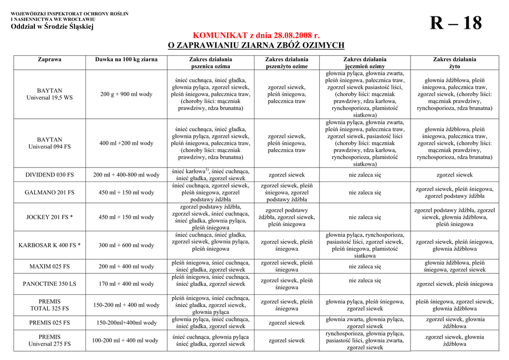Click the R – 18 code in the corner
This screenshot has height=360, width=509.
455,23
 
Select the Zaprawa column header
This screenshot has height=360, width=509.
50,59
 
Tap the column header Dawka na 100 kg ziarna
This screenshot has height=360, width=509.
126,59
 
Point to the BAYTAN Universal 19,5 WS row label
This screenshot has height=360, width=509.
50,94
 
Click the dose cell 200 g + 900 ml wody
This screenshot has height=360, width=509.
126,94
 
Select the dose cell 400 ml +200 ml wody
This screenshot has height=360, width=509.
126,143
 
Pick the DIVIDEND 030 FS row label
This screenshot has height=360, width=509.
50,175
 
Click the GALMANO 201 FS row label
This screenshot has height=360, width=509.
50,192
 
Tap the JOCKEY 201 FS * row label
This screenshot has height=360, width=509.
50,217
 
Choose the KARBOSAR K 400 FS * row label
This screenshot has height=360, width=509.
50,245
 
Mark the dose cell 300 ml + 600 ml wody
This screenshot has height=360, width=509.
126,245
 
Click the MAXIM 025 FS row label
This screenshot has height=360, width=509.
50,267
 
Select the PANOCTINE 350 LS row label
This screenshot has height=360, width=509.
50,284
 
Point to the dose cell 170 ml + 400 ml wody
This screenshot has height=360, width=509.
126,284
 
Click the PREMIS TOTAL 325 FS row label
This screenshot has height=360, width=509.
50,305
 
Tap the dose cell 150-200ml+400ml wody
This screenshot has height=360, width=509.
126,323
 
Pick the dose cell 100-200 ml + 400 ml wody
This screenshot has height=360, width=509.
126,341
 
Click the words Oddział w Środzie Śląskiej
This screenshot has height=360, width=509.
52,27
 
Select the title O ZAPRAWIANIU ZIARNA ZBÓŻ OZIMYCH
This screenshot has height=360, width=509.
256,46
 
